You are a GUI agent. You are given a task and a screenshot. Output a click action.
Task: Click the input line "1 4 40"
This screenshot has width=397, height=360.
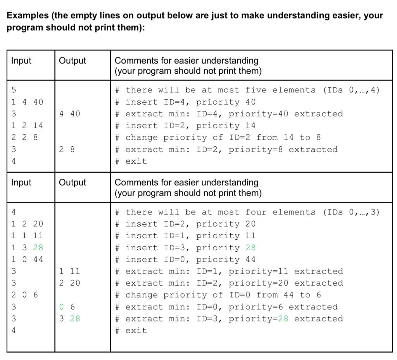coord(27,102)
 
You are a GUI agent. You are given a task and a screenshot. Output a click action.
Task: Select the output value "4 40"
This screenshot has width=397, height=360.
coord(70,114)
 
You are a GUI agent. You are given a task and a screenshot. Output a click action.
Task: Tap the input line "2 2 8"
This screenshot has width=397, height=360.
coord(24,137)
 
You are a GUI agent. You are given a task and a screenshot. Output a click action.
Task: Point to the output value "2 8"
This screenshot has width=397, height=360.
coord(67,149)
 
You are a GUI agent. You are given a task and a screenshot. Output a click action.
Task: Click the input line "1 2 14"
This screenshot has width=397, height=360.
coord(27,126)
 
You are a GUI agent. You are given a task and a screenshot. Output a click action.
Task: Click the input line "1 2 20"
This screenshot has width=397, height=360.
coord(27,224)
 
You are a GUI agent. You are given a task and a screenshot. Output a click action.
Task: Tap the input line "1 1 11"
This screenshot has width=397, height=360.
coord(27,235)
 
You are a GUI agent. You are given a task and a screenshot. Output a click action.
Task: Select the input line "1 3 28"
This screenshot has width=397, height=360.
coord(27,247)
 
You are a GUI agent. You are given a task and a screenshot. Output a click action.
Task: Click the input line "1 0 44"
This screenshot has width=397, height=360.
coord(27,260)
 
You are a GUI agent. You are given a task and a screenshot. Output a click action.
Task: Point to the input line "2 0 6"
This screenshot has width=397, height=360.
coord(24,295)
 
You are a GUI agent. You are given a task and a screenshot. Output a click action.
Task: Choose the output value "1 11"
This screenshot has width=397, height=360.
coord(70,271)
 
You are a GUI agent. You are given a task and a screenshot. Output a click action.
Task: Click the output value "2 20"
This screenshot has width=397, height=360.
coord(70,283)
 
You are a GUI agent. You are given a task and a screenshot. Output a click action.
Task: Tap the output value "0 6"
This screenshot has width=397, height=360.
coord(67,307)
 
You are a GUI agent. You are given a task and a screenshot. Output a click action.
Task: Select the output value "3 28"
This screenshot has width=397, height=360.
coord(70,318)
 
